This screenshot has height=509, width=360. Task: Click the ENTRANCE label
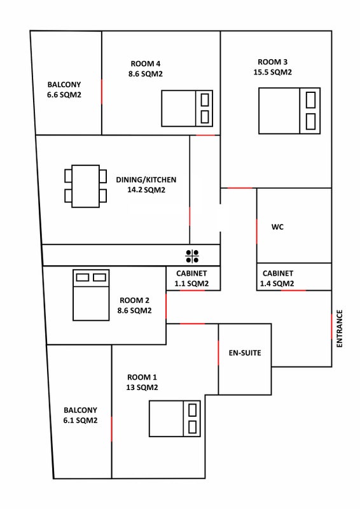tap(339, 328)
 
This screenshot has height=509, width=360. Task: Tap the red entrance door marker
tap(331, 326)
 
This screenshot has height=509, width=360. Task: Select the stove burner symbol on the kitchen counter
tap(192, 256)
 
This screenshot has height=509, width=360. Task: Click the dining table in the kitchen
tap(86, 186)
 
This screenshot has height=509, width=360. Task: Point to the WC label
tap(277, 227)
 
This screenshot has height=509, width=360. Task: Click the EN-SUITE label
tap(245, 353)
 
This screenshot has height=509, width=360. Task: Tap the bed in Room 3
tap(289, 111)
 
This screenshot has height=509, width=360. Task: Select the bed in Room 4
tap(187, 108)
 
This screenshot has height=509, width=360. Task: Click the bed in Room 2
tap(91, 295)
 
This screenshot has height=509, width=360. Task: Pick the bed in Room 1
tap(175, 419)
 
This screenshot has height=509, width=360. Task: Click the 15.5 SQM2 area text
tap(273, 72)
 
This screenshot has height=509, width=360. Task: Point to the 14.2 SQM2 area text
tap(146, 190)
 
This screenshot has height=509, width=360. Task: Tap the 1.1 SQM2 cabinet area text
tap(191, 283)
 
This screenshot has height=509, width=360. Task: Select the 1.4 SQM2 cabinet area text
tap(277, 283)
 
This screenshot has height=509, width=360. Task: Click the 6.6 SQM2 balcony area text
tap(64, 95)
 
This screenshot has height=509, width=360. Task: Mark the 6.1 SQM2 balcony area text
tap(81, 421)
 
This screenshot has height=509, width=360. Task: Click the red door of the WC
tap(256, 231)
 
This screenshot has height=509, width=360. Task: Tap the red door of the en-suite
tap(218, 353)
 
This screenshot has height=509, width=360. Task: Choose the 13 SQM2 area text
tap(142, 387)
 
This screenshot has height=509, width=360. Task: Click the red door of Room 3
tap(240, 188)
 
